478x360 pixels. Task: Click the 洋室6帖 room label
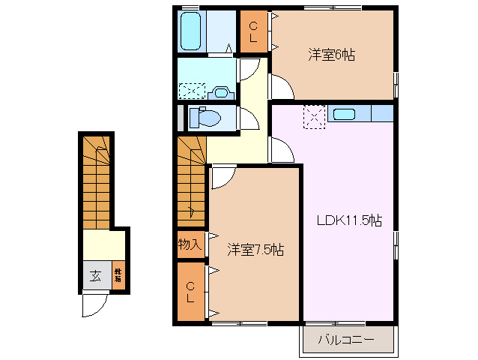(x=330, y=55)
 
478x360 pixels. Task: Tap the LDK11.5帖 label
(x=348, y=220)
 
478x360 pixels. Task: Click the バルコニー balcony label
(x=345, y=339)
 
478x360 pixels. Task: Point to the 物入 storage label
(x=190, y=244)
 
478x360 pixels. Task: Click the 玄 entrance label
(x=96, y=275)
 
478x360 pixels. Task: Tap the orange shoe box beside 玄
(x=118, y=275)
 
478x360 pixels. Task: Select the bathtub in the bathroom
(x=192, y=30)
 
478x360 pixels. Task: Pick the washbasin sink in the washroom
(x=220, y=92)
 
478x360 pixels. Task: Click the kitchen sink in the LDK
(x=345, y=114)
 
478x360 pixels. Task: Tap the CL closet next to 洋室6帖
(x=253, y=31)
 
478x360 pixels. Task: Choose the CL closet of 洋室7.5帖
(x=191, y=292)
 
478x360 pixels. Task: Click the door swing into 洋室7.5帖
(x=223, y=177)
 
